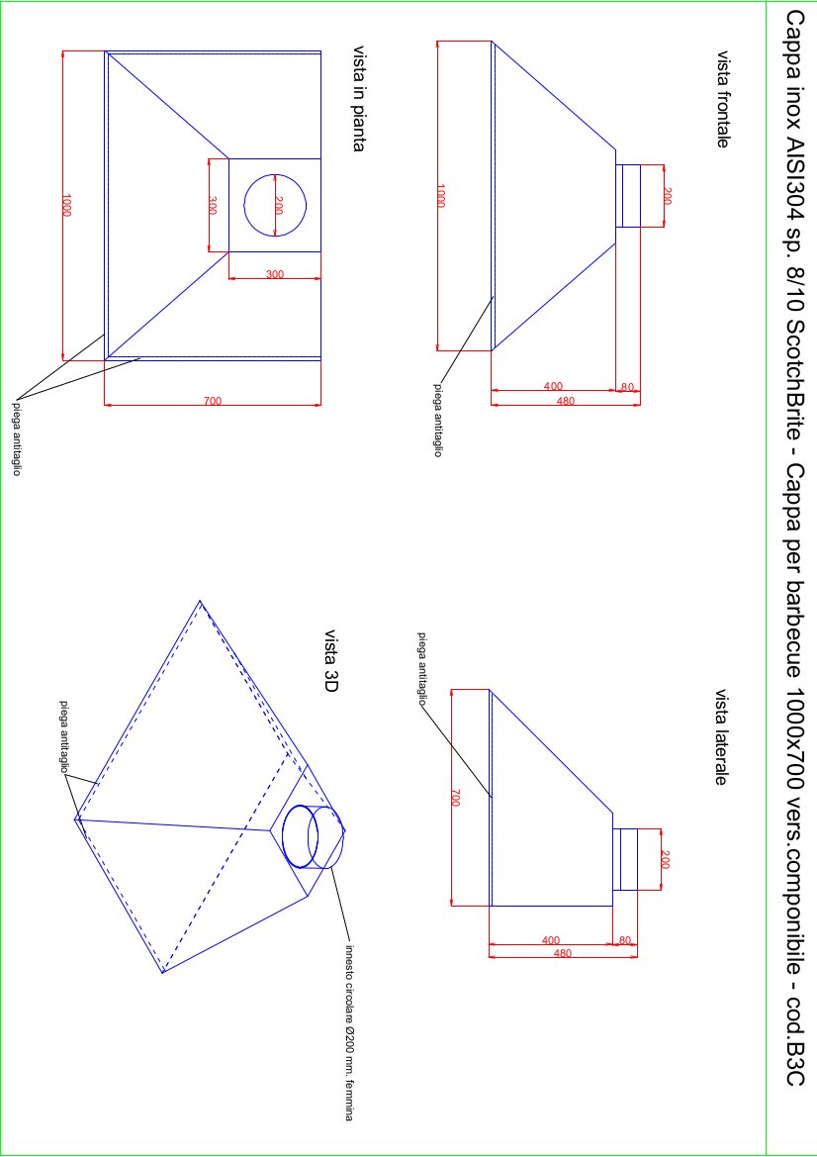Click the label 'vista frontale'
click(x=723, y=99)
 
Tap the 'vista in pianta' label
click(x=359, y=98)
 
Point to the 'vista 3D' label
click(x=331, y=661)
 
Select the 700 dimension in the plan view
click(x=213, y=401)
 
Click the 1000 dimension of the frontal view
click(x=440, y=196)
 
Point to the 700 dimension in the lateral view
click(x=455, y=798)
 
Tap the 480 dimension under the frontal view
click(x=566, y=401)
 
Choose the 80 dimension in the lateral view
click(x=625, y=940)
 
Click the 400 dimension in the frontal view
click(x=553, y=386)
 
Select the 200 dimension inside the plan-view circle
click(x=278, y=205)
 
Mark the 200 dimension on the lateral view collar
click(x=665, y=860)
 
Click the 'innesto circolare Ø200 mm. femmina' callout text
click(x=350, y=1032)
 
